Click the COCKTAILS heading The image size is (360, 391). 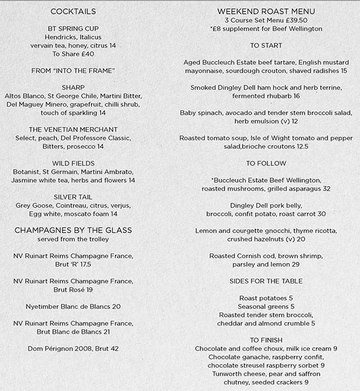coord(73,11)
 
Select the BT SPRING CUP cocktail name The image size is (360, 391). coord(73,28)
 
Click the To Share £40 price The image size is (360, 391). coord(73,54)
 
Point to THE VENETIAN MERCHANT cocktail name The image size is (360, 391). coord(73,129)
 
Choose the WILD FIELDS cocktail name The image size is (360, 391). coord(73,163)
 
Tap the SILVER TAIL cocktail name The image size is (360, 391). coord(73,197)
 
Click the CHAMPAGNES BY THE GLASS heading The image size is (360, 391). coord(73,230)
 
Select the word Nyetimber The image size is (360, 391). coord(45,306)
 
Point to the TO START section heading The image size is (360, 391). coord(266,45)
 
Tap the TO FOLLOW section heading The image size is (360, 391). coord(266,163)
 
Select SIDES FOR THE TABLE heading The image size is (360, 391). coord(266,281)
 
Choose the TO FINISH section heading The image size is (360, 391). coord(266,340)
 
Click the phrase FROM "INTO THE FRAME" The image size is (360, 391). coord(73,70)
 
